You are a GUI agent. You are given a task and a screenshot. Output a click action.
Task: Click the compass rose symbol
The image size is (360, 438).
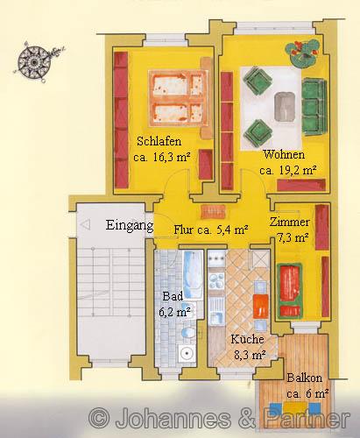tap(35, 62)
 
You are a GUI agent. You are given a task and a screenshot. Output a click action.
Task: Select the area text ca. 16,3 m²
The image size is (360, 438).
tap(162, 158)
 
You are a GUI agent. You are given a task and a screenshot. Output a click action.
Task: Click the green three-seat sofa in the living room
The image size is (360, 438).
tap(314, 102)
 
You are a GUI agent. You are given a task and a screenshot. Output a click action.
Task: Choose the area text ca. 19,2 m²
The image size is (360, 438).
tap(285, 170)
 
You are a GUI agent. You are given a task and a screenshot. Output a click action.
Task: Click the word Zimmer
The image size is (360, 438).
tap(289, 222)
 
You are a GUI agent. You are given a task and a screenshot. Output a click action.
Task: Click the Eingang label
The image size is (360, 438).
tap(130, 225)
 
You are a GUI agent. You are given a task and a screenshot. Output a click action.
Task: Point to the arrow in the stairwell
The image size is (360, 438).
tap(86, 225)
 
